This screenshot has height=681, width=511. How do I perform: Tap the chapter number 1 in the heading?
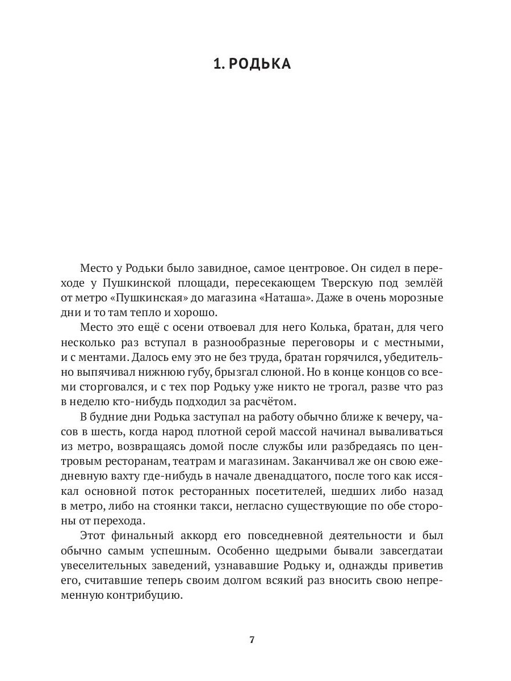point(216,64)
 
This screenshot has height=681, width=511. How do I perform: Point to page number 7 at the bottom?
point(252,640)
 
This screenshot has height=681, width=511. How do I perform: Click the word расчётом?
point(269,402)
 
